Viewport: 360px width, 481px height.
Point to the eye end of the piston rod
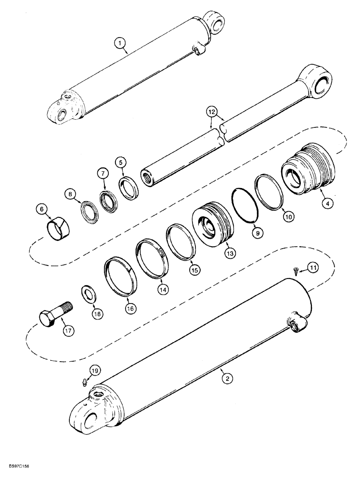(x=315, y=80)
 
